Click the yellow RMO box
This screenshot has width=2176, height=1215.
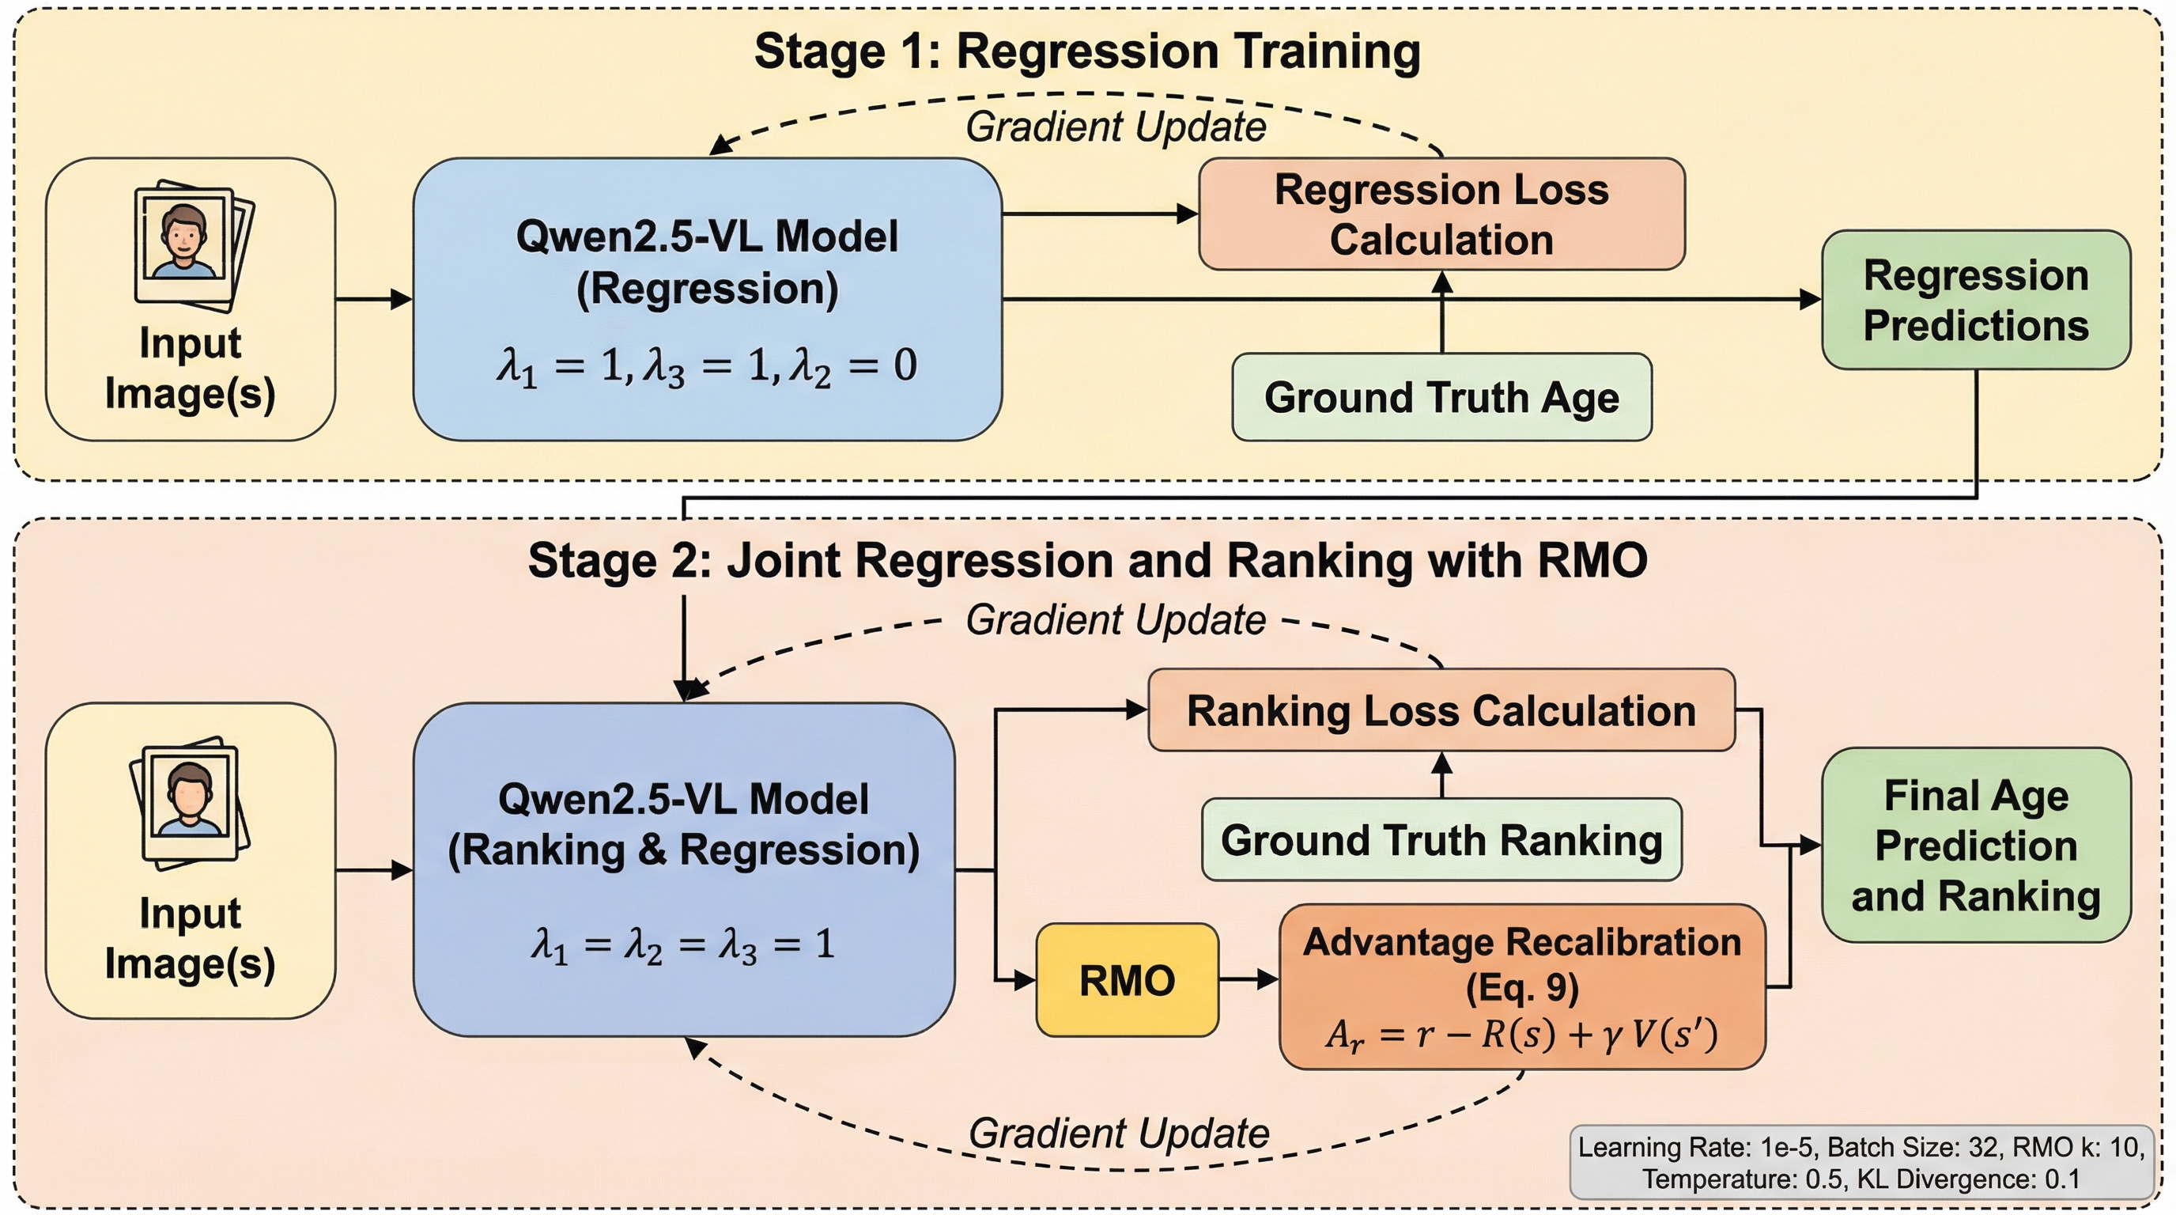click(1127, 980)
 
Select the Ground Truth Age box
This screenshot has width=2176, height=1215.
click(1441, 397)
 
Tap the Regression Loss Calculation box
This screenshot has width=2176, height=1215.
click(1441, 214)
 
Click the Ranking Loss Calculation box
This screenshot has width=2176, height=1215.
click(1441, 710)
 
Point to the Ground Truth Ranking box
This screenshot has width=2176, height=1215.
click(1441, 840)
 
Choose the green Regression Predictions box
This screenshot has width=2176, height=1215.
click(1976, 300)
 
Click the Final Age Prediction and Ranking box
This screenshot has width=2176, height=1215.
click(1976, 845)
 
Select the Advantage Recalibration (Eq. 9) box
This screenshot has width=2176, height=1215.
click(1522, 987)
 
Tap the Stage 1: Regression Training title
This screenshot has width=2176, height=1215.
click(1087, 51)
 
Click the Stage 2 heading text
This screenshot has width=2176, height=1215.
click(1087, 560)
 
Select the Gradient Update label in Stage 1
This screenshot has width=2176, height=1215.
click(1115, 127)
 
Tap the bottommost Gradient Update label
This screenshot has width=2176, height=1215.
click(1118, 1133)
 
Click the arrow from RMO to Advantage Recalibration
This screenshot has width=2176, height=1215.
click(1249, 980)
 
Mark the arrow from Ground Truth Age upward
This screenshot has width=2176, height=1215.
click(1442, 312)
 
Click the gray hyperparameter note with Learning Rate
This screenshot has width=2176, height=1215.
click(1861, 1163)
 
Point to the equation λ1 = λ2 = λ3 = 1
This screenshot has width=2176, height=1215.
click(682, 944)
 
